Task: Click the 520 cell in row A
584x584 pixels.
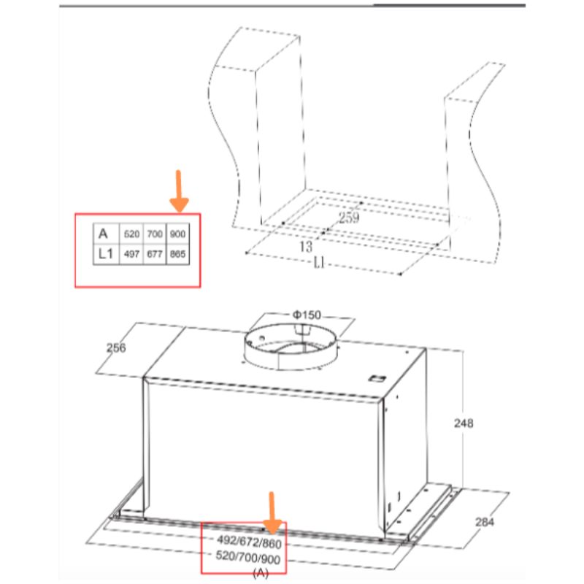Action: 131,234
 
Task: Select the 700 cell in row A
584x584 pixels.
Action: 154,234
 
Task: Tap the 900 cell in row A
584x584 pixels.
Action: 177,234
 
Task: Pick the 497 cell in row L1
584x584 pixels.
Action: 131,255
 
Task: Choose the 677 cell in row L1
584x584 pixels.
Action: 154,255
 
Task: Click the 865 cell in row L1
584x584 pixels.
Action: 177,255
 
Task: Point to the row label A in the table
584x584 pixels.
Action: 104,234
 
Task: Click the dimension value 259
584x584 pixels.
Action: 349,218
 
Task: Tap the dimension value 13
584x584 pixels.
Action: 307,247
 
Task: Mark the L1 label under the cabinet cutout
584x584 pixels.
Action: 319,264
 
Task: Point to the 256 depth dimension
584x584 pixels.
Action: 115,348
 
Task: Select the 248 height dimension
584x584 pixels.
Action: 463,423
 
